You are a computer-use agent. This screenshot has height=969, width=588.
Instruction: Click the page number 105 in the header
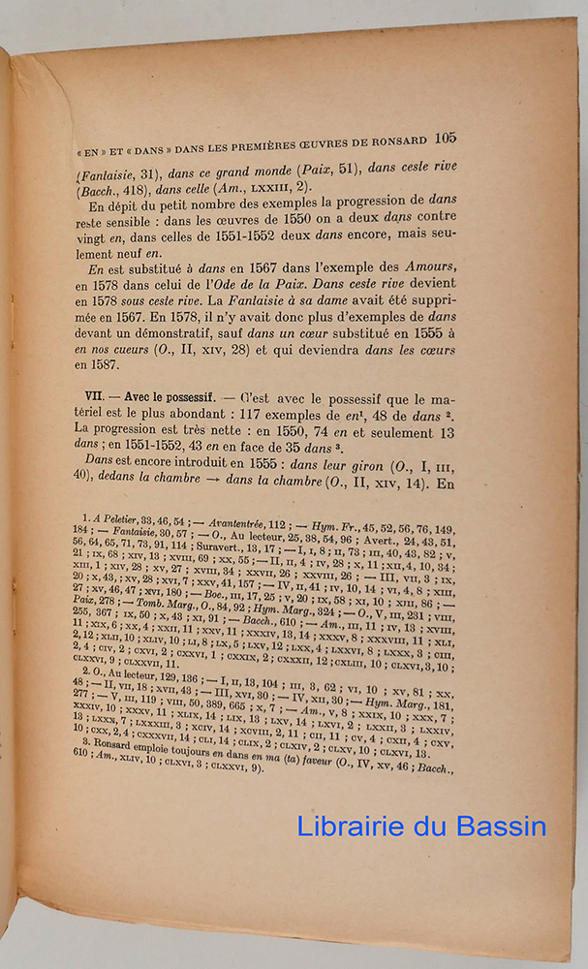446,137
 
